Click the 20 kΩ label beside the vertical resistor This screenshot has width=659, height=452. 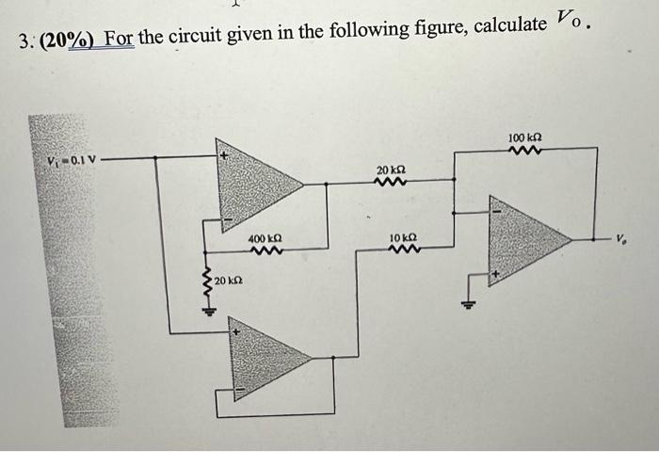click(x=230, y=282)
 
